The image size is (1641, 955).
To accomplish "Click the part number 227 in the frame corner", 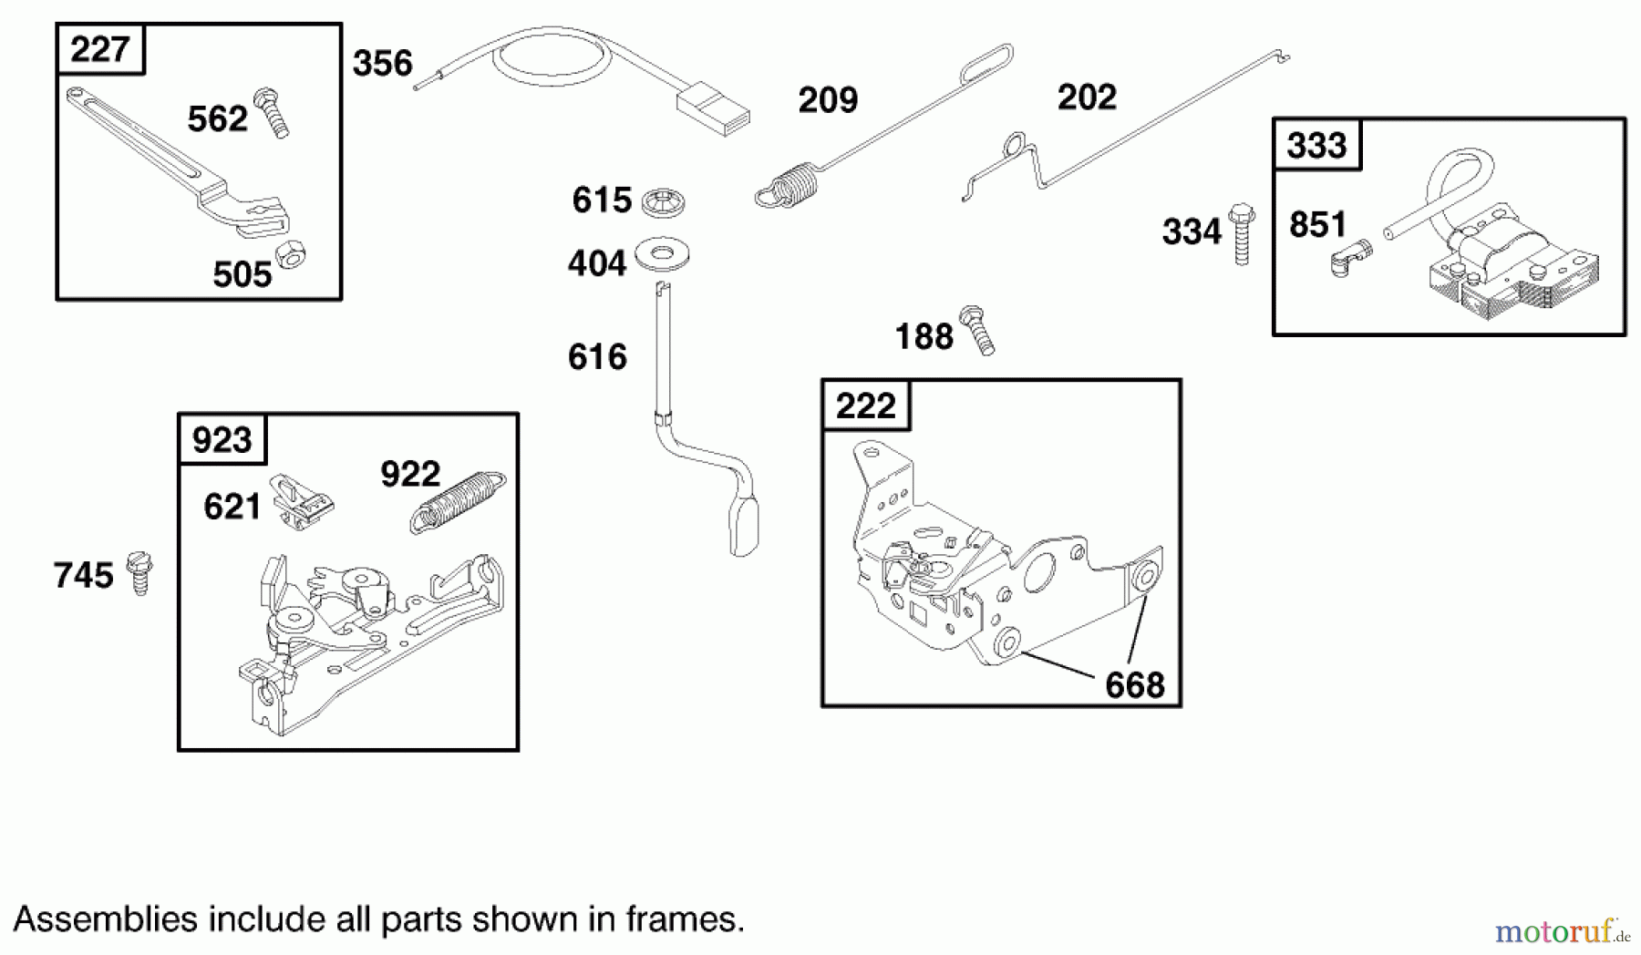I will point(99,49).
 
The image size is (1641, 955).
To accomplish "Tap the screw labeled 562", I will point(272,113).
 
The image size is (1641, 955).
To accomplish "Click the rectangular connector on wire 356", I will point(714,108).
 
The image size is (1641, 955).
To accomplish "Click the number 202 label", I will point(1087,98).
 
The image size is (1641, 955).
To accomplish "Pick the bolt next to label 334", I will point(1241,234).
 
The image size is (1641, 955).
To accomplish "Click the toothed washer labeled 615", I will point(663,202).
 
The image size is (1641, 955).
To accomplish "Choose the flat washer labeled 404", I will point(662,254).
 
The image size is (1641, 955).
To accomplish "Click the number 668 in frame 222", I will point(1135,685).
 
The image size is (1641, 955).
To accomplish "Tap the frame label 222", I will point(865,406).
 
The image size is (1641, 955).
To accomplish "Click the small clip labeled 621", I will point(302,501).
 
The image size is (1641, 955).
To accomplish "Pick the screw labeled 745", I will point(139,573).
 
